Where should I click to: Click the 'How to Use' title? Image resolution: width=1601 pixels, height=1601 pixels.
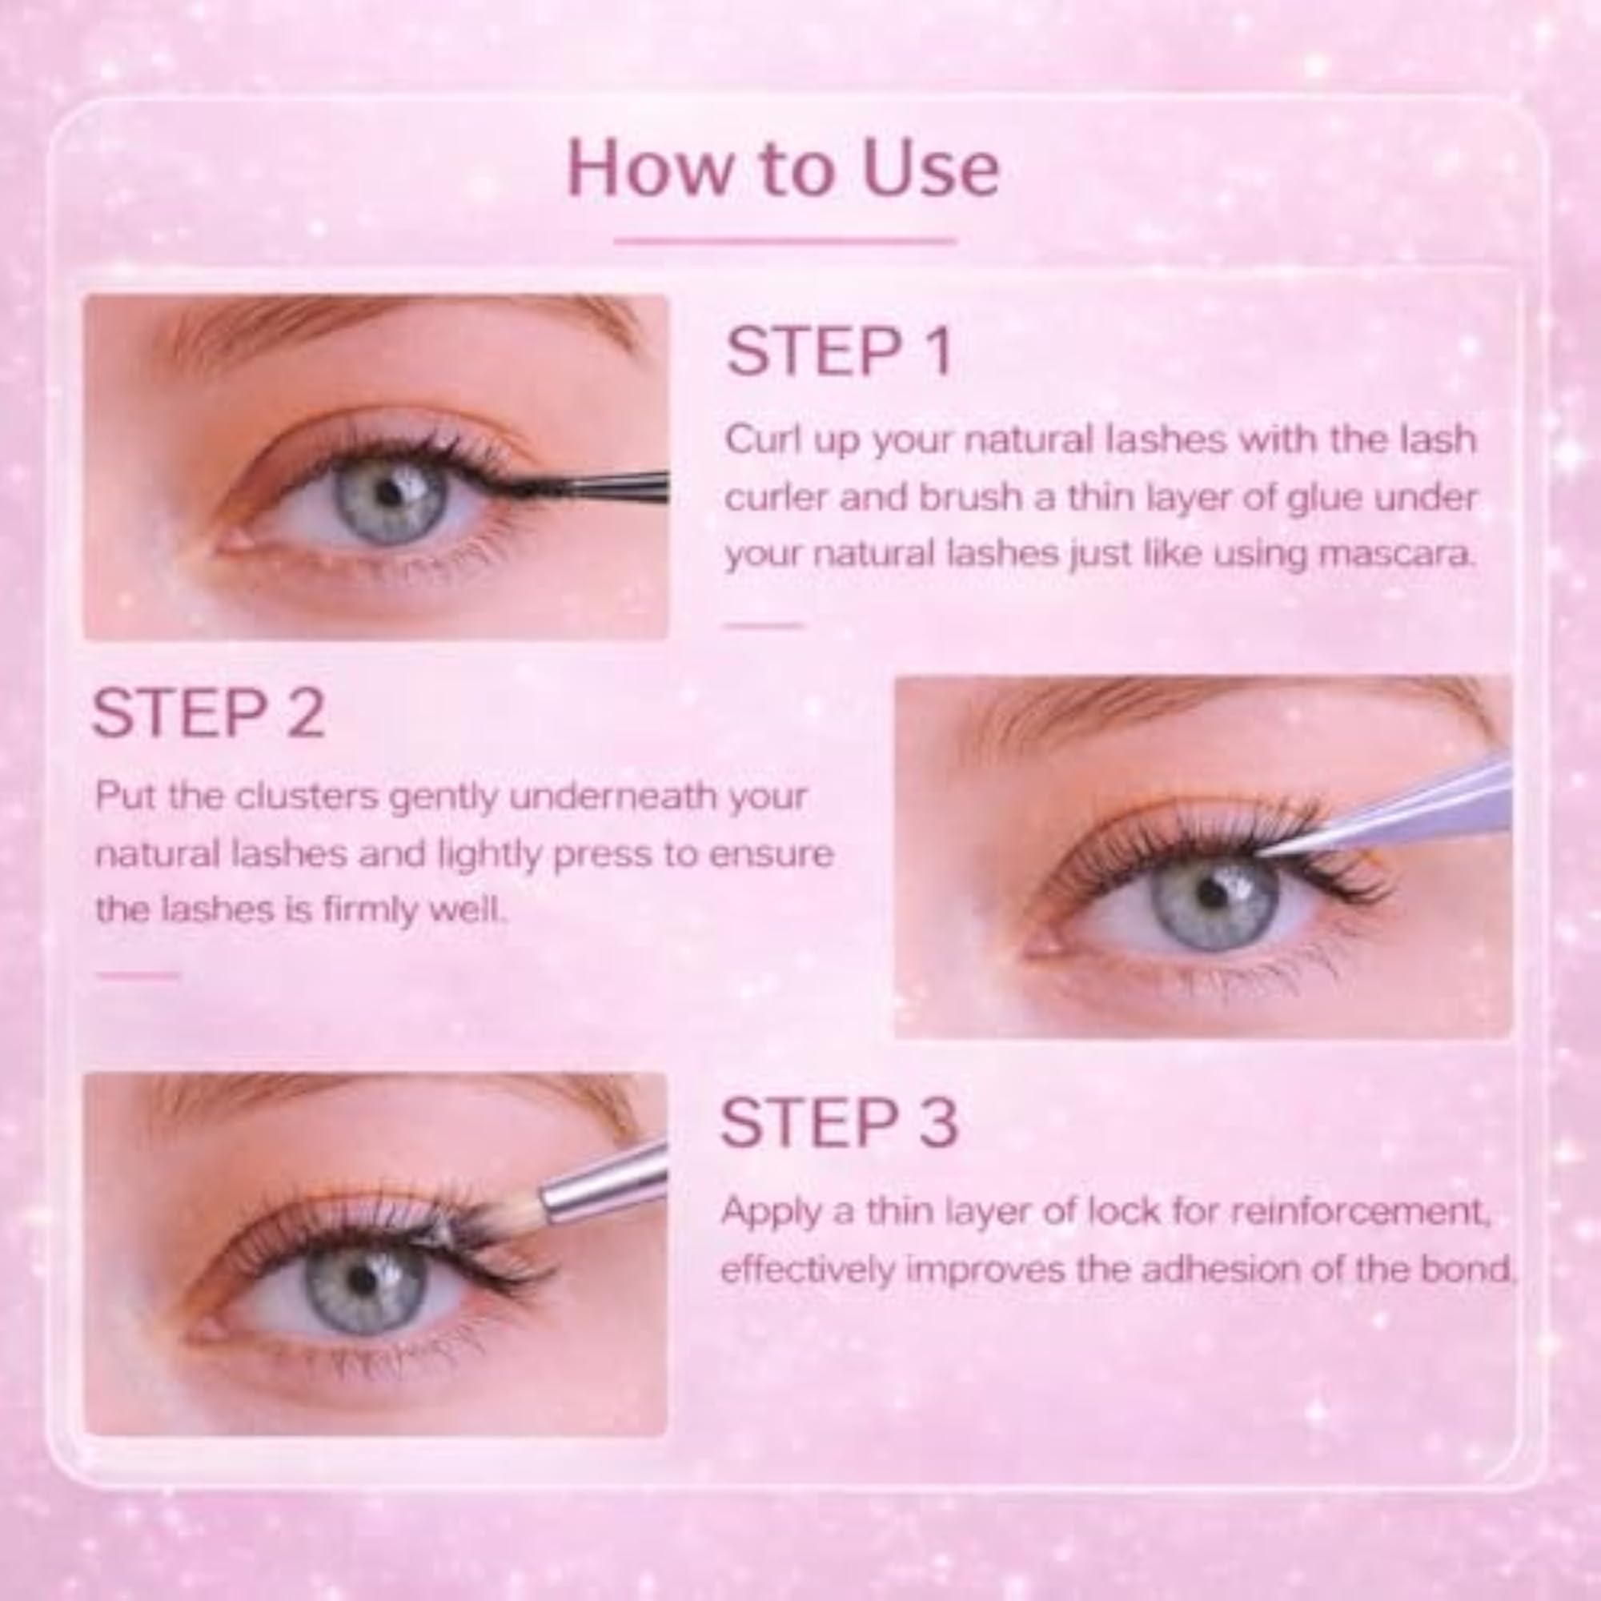[x=783, y=170]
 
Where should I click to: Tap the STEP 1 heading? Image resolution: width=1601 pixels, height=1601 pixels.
[x=839, y=351]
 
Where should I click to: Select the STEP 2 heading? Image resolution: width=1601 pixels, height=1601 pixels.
[x=208, y=712]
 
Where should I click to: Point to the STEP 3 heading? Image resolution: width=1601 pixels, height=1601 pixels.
[x=840, y=1122]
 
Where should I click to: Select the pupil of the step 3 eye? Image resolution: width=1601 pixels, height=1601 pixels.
[x=363, y=1281]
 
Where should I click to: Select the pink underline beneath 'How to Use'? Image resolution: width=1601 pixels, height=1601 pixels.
[x=784, y=241]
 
